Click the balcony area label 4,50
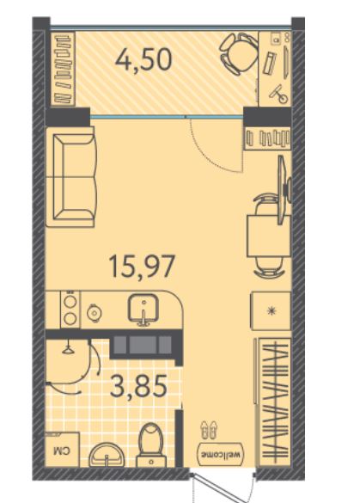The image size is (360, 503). click(x=144, y=61)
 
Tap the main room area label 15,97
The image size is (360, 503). click(x=143, y=267)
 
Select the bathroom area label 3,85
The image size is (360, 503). click(x=138, y=386)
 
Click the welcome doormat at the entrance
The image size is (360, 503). click(x=221, y=454)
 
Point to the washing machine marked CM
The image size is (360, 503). click(x=62, y=450)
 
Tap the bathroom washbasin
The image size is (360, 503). click(x=107, y=455)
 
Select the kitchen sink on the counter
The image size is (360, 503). click(x=143, y=310)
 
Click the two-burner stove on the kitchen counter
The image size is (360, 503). click(x=70, y=310)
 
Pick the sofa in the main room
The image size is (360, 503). click(x=71, y=177)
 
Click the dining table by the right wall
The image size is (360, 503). click(x=269, y=236)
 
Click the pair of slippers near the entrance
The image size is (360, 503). click(x=209, y=430)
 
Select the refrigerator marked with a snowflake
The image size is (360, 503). click(x=271, y=310)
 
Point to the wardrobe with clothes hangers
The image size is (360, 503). click(x=275, y=401)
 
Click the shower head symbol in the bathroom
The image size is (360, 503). click(x=68, y=349)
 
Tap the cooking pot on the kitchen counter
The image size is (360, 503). click(x=95, y=310)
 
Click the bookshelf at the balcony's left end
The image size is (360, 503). click(x=64, y=69)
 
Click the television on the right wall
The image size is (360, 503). click(x=284, y=189)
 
